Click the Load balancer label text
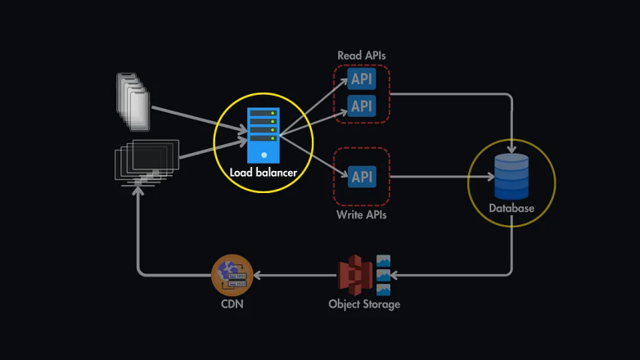264,173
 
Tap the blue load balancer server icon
264,135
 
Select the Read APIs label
361,56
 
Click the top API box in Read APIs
362,79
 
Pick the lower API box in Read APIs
362,106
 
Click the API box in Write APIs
362,177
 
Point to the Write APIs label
361,215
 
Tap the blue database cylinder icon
512,176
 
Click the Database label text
512,208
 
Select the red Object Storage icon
356,276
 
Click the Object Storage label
364,304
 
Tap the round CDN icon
232,276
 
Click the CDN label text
232,304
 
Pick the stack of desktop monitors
147,160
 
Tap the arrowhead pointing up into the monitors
139,189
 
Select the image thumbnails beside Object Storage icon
383,276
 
